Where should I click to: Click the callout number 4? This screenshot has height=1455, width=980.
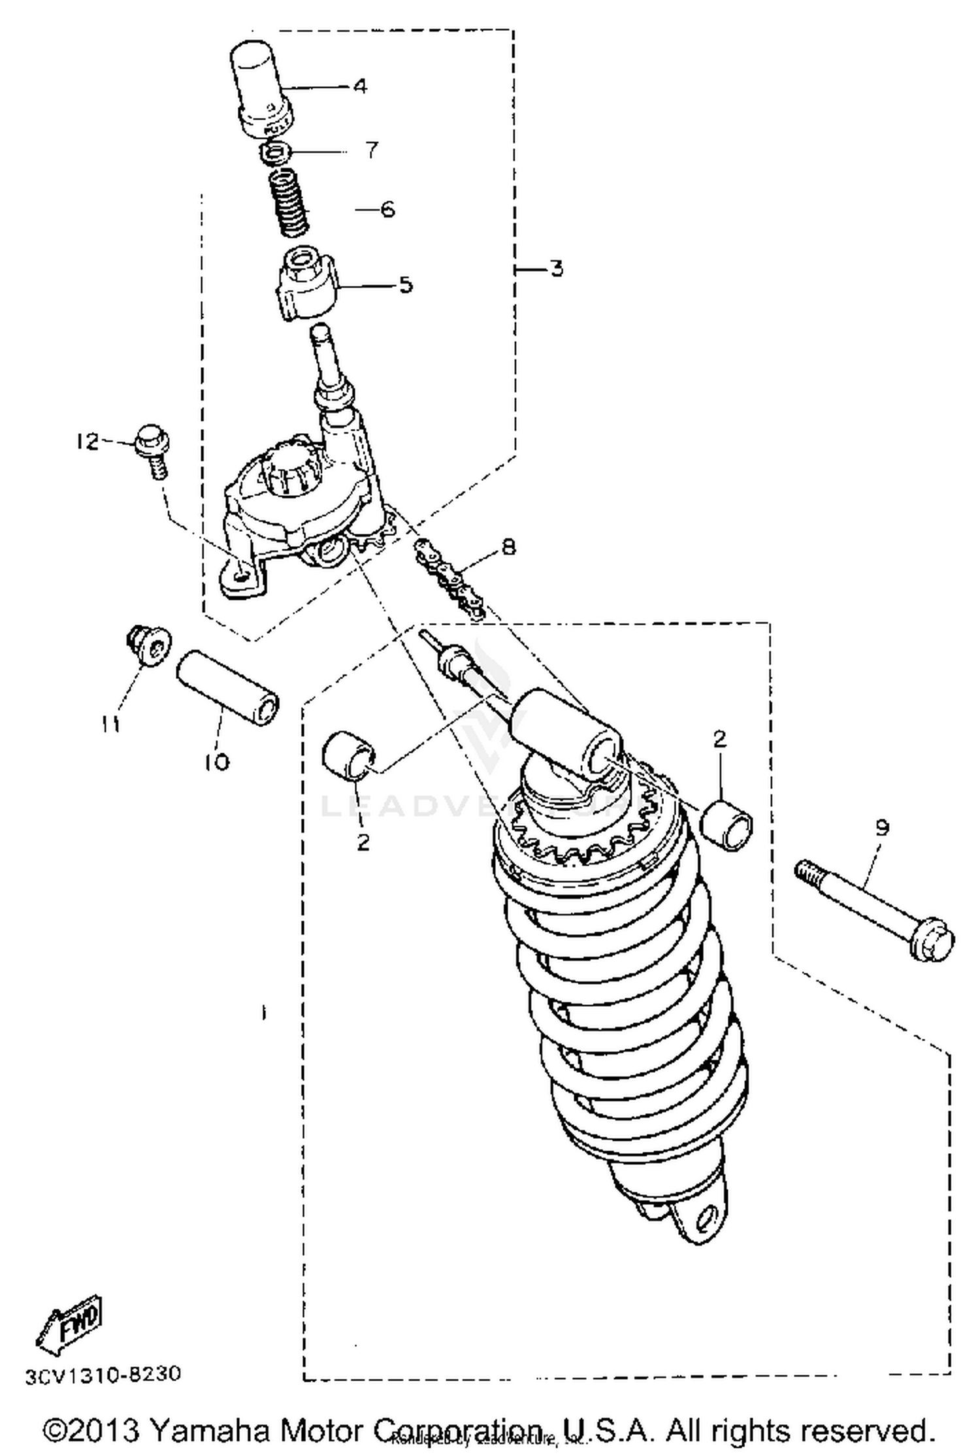360,86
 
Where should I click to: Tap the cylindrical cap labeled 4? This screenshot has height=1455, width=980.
262,88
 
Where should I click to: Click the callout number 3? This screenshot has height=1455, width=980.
555,269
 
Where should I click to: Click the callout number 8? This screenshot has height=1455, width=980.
508,546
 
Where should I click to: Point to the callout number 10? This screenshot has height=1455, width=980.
218,761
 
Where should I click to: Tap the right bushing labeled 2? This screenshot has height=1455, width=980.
728,826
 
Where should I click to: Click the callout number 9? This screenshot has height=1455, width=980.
882,828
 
